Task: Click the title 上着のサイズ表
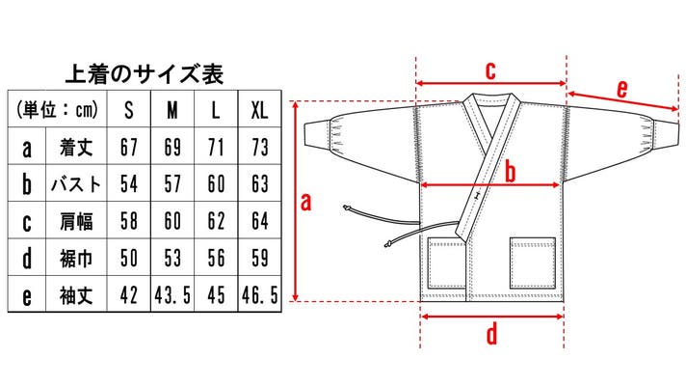tap(145, 73)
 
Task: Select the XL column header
tap(259, 109)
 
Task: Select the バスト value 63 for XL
tap(259, 183)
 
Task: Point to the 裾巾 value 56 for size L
tap(216, 257)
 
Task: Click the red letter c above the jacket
tap(489, 69)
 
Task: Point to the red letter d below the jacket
tap(491, 335)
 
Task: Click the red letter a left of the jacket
tap(306, 201)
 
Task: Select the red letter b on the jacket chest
tap(511, 171)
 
